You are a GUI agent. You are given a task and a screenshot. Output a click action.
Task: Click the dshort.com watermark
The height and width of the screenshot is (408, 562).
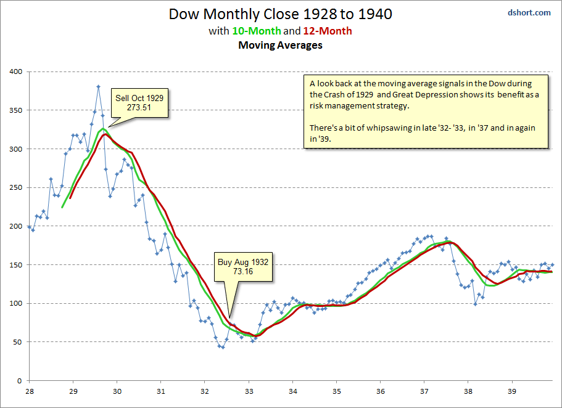coord(529,12)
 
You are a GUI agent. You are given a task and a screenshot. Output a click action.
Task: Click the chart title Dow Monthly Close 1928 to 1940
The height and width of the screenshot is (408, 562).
coord(281,14)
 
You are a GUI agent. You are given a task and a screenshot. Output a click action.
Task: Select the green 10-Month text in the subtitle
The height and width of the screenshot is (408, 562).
coord(256,30)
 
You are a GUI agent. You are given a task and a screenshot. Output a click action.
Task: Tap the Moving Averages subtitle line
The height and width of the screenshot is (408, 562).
coord(281,45)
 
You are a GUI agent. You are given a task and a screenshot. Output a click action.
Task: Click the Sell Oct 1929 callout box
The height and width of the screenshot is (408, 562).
coord(141,102)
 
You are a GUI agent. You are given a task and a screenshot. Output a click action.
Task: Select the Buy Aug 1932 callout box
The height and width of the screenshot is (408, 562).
coord(243,267)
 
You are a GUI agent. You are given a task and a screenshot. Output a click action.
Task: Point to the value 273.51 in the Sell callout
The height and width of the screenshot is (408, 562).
coord(141,108)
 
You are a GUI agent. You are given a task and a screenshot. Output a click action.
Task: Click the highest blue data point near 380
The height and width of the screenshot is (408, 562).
coord(98,87)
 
